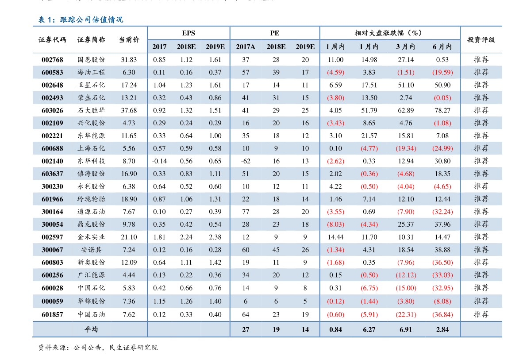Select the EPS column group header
point(188,33)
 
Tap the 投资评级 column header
point(481,39)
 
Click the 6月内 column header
point(442,46)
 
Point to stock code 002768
point(52,60)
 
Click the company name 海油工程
point(91,72)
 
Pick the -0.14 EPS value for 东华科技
point(159,161)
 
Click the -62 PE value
point(246,161)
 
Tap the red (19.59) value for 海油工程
point(442,72)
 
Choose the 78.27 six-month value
point(442,110)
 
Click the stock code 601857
point(52,314)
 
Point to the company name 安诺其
point(91,250)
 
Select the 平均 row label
point(91,329)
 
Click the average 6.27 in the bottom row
point(369,329)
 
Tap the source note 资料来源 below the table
point(98,348)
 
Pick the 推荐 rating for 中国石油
point(481,314)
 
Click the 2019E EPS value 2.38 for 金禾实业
point(215,237)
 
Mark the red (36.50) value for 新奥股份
point(442,263)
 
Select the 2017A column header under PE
point(246,46)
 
